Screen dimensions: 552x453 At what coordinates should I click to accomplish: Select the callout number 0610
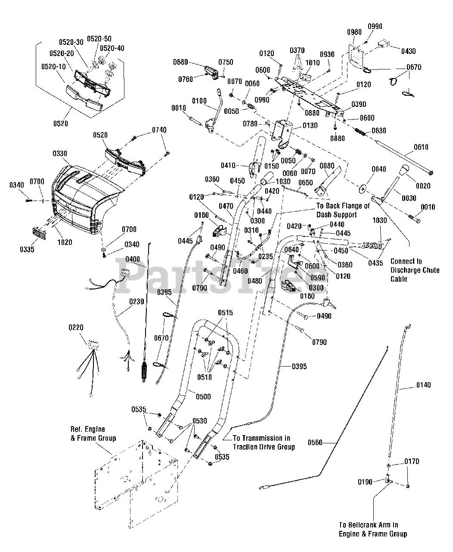(421, 147)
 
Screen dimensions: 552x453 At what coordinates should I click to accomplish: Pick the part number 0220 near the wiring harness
(76, 328)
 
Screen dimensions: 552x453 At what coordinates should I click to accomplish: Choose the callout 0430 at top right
(408, 51)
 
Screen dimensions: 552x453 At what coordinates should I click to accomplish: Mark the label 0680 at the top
(180, 62)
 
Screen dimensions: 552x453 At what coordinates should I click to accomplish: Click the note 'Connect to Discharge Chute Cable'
(415, 270)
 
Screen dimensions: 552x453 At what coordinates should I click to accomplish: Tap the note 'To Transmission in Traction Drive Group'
(264, 442)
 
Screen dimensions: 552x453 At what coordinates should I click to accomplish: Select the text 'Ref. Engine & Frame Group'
(93, 433)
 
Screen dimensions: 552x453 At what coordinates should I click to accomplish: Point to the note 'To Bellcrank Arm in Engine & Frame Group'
(372, 529)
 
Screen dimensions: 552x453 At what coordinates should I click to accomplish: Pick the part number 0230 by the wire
(137, 302)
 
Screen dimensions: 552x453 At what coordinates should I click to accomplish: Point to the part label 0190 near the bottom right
(366, 482)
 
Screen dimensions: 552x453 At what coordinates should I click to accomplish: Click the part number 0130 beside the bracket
(310, 125)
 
